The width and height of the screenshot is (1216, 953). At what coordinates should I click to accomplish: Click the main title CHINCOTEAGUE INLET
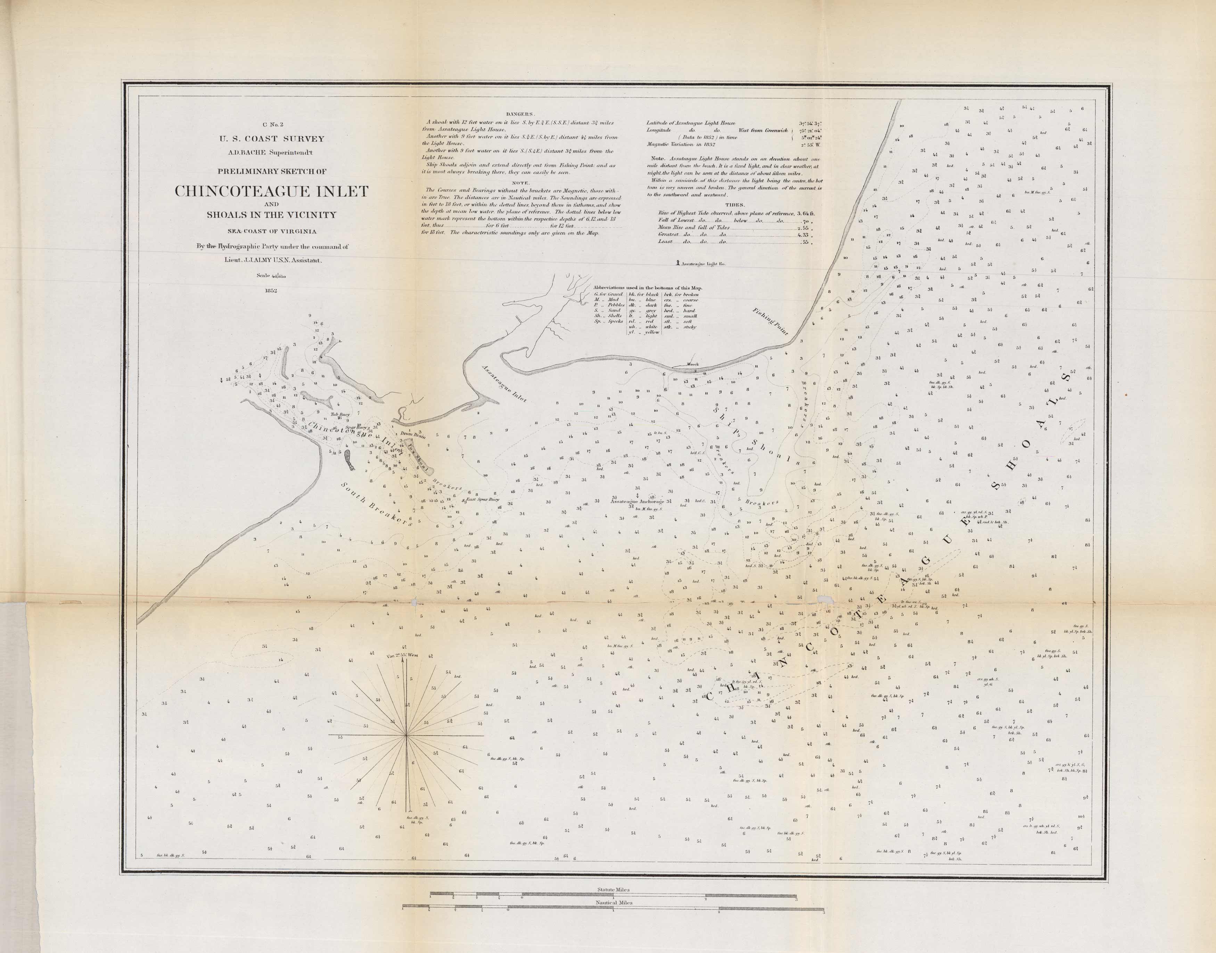(272, 192)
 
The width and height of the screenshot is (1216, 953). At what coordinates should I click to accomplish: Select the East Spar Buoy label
(483, 500)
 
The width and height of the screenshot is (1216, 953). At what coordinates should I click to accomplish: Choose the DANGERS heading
(520, 114)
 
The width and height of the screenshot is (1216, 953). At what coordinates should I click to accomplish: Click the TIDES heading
(734, 205)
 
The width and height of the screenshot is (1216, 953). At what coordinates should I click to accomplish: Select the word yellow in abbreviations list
(651, 332)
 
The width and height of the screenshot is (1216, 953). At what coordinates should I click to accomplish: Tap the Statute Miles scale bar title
(614, 890)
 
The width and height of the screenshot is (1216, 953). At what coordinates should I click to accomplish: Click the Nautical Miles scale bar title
(614, 902)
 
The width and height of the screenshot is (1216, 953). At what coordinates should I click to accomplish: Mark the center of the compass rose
(406, 736)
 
